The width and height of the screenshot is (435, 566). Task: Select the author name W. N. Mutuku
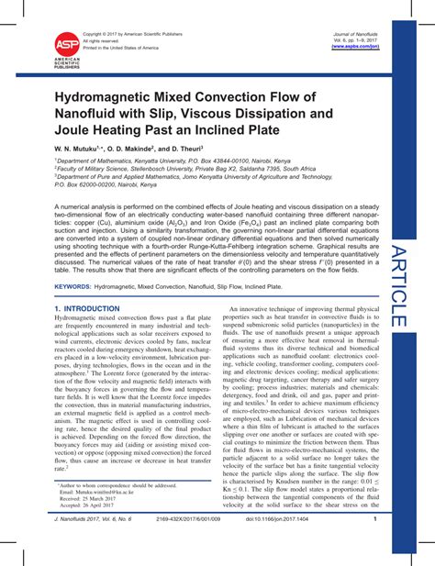click(79, 148)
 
